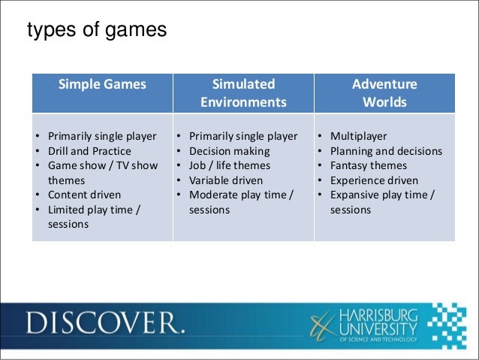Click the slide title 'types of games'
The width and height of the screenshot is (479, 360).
coord(96,32)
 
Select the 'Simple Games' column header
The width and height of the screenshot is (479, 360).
coord(102,84)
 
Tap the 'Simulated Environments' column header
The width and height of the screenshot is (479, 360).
coord(243,93)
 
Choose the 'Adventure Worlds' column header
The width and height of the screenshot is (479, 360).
coord(384,93)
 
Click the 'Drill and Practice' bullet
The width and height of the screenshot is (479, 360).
coord(89,151)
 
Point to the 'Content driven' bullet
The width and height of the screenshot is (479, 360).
coord(84,195)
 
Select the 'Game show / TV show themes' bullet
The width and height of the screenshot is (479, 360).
coord(102,173)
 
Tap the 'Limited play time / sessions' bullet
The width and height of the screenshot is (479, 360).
coord(93,216)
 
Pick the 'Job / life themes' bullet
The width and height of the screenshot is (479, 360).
coord(229,165)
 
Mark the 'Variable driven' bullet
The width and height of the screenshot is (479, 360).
coord(226,180)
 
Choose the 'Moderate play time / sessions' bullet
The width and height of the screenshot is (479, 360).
coord(240,202)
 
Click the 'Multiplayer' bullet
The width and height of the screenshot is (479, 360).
coord(358,137)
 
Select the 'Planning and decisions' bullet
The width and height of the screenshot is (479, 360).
coord(386,151)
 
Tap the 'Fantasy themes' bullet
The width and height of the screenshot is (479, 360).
coord(368,165)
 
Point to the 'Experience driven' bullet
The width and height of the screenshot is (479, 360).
coord(373,180)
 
